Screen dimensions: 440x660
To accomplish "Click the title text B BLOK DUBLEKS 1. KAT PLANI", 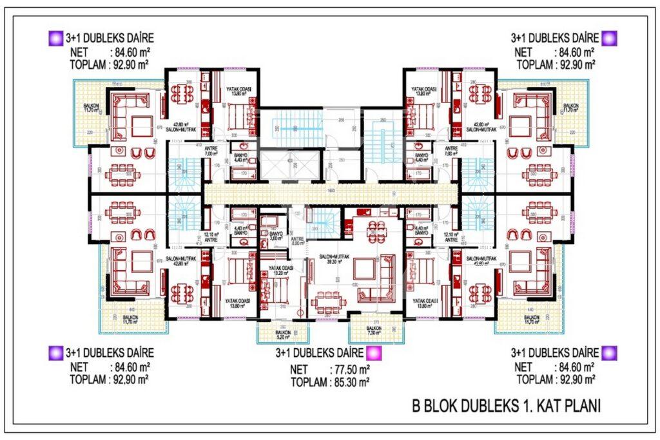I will (x=506, y=406).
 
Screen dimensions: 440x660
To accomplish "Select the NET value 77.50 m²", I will (x=349, y=370).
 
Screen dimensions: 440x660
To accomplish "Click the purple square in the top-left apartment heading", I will (x=55, y=38).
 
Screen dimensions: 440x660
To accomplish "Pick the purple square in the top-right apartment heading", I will (x=610, y=38).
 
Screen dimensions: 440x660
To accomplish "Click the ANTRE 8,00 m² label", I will (x=296, y=241).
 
